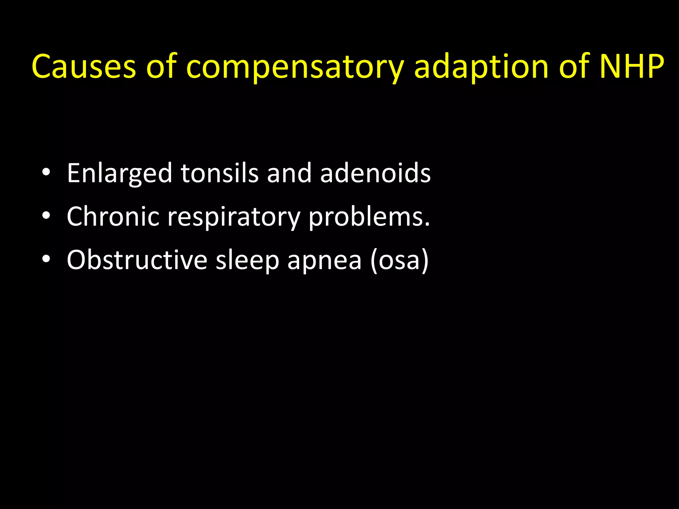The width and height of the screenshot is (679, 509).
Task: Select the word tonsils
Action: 219,173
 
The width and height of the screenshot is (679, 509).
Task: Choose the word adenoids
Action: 375,173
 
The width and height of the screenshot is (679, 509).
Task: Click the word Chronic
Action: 113,216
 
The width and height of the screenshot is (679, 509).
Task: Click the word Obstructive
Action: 137,260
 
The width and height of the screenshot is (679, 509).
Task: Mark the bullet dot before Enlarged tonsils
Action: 46,173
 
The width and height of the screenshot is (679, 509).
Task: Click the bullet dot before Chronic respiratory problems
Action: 46,216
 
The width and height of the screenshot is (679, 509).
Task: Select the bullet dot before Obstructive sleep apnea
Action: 46,259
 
